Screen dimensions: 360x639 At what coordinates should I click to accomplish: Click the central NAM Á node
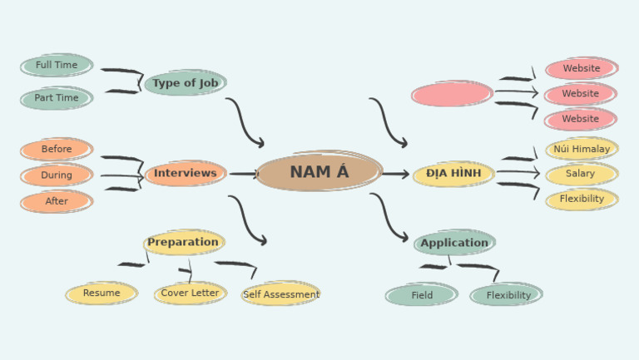319,172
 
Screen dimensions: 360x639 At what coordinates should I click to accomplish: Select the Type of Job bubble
185,83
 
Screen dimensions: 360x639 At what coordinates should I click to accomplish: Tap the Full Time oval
57,66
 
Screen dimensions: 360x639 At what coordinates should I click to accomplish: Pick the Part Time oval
57,98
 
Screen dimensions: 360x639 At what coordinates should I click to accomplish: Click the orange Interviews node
185,174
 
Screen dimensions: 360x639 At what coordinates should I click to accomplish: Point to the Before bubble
57,150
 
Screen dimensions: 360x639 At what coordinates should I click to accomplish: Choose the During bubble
57,175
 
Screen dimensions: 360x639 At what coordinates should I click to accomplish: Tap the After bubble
57,201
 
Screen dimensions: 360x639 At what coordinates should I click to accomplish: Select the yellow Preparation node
183,243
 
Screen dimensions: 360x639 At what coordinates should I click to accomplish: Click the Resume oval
102,293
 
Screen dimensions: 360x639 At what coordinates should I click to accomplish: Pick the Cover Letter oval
190,293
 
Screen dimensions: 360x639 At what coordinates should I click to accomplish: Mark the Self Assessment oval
280,294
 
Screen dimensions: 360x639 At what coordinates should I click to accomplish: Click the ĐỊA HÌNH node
453,174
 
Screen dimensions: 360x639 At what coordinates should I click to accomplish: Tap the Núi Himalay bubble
582,150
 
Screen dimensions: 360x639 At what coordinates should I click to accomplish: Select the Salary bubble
581,175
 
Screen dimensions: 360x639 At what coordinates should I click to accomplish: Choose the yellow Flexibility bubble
582,200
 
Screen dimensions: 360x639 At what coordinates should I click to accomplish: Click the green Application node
454,243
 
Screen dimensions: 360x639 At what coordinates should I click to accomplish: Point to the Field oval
422,295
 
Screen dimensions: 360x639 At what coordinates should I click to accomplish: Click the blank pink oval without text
452,94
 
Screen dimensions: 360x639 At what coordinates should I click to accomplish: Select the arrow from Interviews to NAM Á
244,174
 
